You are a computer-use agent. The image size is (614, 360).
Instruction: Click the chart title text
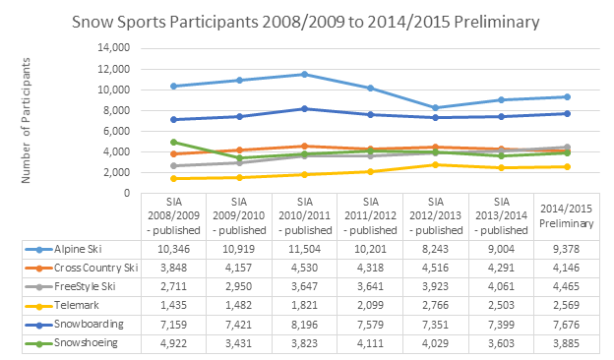point(307,19)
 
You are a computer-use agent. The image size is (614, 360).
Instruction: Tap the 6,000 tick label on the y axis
point(116,131)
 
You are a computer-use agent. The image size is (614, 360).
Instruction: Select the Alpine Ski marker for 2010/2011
point(304,75)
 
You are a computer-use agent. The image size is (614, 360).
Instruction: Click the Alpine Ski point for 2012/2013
point(436,108)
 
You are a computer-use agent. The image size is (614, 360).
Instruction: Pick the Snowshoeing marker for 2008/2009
point(173,143)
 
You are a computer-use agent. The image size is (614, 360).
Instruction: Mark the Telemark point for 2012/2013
point(436,164)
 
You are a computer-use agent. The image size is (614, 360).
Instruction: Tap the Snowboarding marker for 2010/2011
point(304,108)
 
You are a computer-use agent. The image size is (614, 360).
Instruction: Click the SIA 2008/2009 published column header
point(173,216)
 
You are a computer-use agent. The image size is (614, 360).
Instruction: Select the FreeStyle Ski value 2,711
point(173,290)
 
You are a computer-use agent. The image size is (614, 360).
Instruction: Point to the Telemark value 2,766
point(436,310)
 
